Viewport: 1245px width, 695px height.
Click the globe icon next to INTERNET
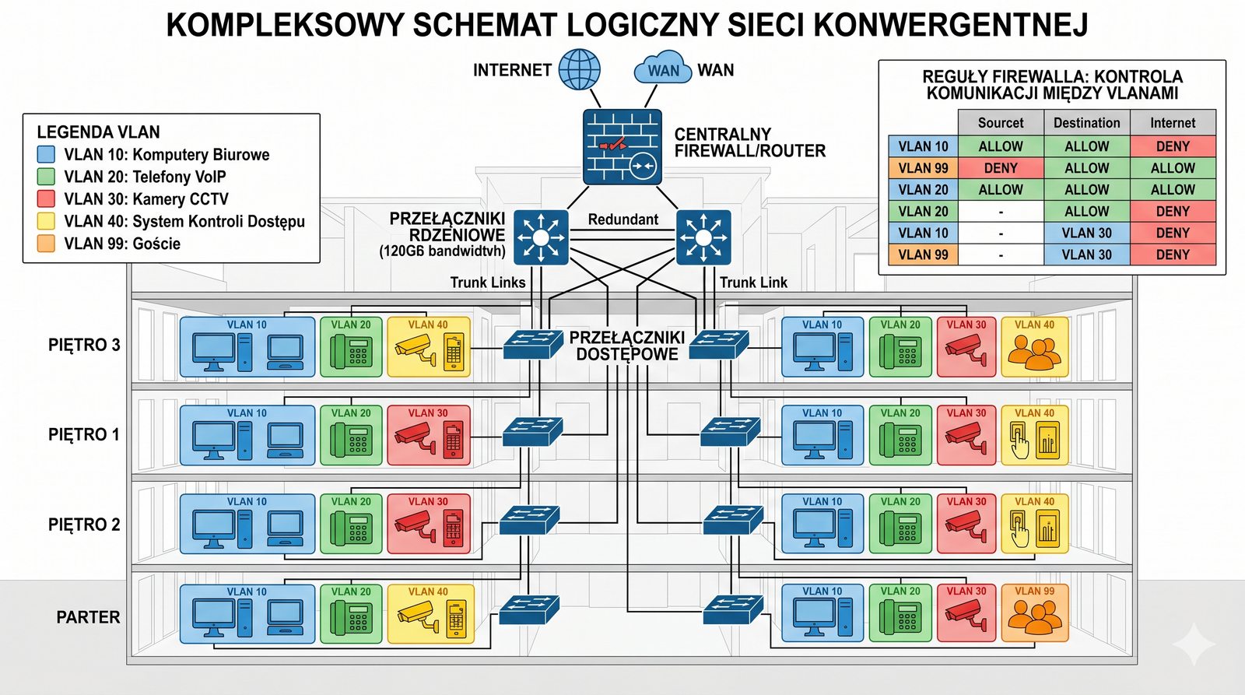tap(580, 69)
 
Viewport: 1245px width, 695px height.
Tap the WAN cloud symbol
tap(662, 68)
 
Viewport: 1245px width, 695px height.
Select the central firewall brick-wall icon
tap(622, 146)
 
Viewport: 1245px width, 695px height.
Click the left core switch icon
tap(541, 237)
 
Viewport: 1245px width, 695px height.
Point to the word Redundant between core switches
tap(622, 219)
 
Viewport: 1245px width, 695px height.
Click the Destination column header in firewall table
tap(1086, 123)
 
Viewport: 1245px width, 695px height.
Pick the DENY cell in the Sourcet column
tap(1001, 168)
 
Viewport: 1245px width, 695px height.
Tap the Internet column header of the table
tap(1173, 123)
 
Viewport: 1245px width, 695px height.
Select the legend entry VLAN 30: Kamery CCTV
tap(146, 199)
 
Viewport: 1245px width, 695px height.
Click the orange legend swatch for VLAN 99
tap(46, 244)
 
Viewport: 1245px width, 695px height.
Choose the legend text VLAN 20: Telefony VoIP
tap(145, 177)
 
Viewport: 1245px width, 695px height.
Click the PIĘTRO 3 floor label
tap(84, 345)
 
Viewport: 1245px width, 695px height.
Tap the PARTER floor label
tap(88, 617)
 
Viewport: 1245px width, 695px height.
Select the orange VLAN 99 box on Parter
tap(1034, 613)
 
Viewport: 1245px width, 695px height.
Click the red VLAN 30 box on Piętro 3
tap(966, 347)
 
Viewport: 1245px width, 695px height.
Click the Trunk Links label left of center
tap(488, 283)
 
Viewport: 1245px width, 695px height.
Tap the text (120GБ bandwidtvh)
tap(442, 251)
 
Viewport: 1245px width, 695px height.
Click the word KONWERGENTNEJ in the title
tap(950, 25)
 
